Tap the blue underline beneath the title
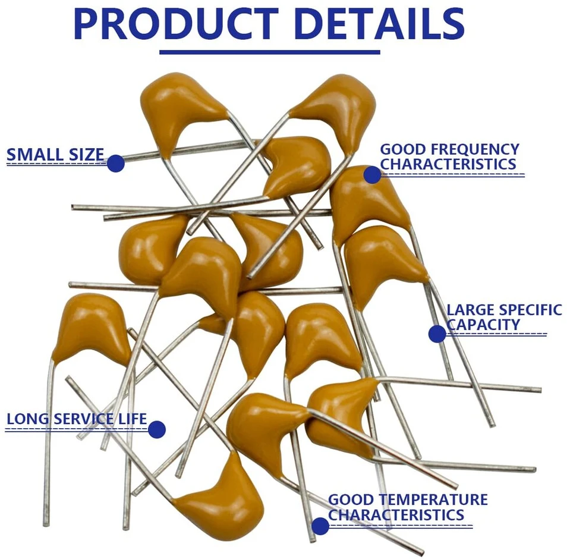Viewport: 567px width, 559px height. pos(270,52)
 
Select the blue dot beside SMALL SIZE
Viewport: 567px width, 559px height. pos(116,163)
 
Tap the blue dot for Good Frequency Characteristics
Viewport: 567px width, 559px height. pos(373,175)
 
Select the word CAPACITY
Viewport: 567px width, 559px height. pos(483,325)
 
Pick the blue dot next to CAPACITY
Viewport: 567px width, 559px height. pos(437,334)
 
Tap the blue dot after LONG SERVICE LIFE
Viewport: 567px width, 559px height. pos(157,429)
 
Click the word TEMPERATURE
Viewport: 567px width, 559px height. pos(433,500)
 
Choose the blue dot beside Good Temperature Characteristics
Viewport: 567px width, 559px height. pos(320,526)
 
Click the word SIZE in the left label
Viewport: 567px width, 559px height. pos(86,155)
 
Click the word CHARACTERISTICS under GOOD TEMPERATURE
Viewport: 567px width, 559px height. pos(396,514)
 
